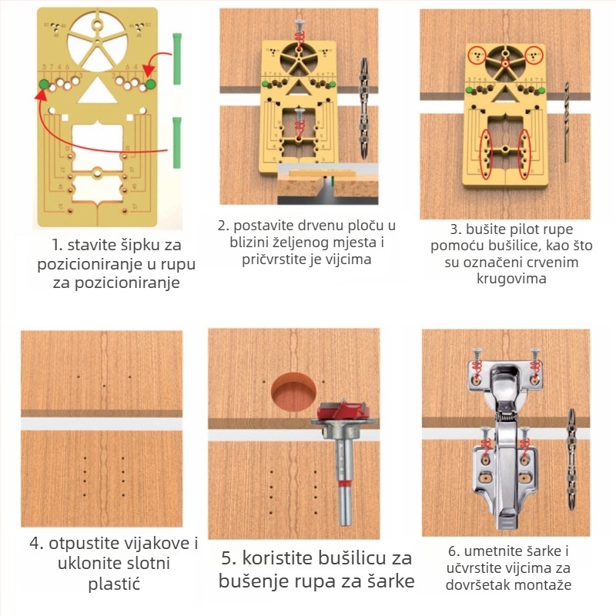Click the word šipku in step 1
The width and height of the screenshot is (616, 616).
pyautogui.click(x=124, y=245)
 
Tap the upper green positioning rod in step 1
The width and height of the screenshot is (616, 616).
pyautogui.click(x=177, y=59)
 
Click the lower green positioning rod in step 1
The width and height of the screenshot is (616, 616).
pyautogui.click(x=177, y=142)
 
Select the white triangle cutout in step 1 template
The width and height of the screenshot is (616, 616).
pyautogui.click(x=97, y=91)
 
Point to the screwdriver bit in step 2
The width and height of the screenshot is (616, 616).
pyautogui.click(x=364, y=108)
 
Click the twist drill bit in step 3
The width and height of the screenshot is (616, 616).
pyautogui.click(x=566, y=122)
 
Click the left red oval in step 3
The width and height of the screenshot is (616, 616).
pyautogui.click(x=487, y=154)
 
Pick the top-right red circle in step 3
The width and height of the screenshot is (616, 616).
pyautogui.click(x=534, y=55)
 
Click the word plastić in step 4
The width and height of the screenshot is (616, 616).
pyautogui.click(x=114, y=584)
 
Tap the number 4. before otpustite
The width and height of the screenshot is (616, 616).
pyautogui.click(x=36, y=544)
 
